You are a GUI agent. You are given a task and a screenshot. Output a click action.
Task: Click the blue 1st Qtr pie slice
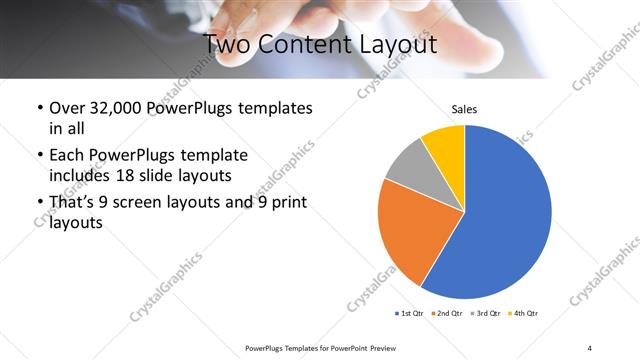pyautogui.click(x=505, y=220)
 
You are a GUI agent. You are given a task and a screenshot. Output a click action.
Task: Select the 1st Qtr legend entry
pyautogui.click(x=408, y=314)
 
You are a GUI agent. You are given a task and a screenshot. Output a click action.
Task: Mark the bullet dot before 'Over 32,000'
pyautogui.click(x=38, y=108)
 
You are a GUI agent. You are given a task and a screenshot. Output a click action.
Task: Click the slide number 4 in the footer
pyautogui.click(x=589, y=348)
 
